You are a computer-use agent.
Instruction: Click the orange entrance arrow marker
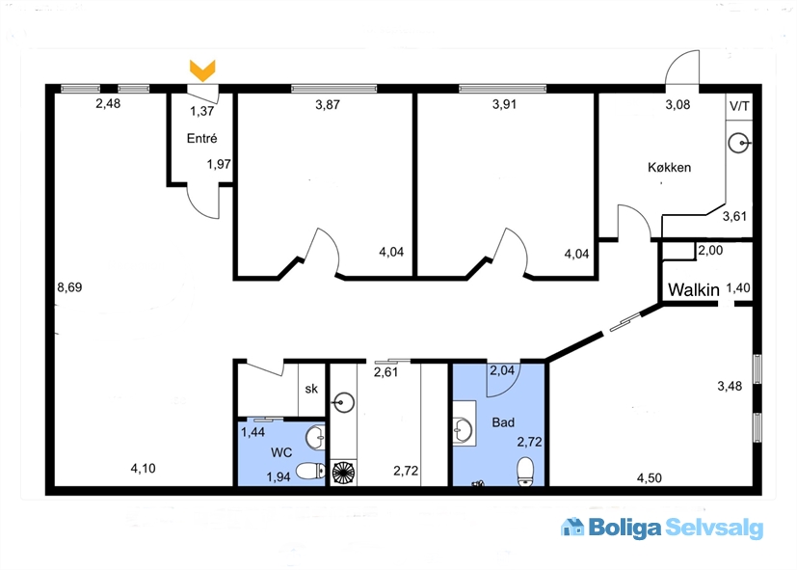(x=202, y=70)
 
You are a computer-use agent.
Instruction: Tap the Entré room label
(x=201, y=138)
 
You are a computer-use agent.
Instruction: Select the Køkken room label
(x=669, y=167)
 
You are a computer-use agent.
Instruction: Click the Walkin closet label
(x=693, y=290)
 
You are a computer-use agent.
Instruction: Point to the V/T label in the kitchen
(x=739, y=106)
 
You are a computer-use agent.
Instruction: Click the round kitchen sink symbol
(x=738, y=144)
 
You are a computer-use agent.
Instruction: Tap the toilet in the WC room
(x=310, y=471)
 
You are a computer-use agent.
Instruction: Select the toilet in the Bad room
(x=525, y=471)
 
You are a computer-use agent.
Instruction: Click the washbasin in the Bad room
(x=464, y=429)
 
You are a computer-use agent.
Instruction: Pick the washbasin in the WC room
(x=315, y=437)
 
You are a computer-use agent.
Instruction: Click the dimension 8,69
(x=69, y=287)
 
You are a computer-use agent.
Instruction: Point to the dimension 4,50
(x=650, y=478)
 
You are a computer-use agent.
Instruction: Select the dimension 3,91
(x=504, y=104)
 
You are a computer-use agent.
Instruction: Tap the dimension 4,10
(x=143, y=469)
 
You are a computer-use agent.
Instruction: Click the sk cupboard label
(x=311, y=389)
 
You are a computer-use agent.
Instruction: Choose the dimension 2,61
(x=385, y=372)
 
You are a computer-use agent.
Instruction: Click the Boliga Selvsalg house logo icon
(x=572, y=527)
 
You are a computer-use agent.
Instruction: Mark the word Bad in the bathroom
(x=503, y=422)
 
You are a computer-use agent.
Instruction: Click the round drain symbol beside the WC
(x=344, y=473)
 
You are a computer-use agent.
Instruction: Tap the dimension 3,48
(x=730, y=386)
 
